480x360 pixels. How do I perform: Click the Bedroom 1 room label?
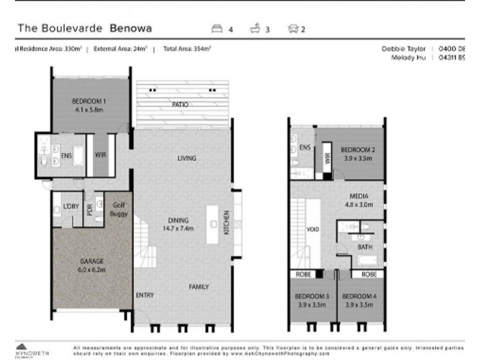tap(89, 106)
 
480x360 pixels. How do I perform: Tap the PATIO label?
tap(181, 104)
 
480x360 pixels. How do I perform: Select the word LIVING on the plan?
tap(187, 158)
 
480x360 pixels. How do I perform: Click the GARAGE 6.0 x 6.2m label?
tap(92, 266)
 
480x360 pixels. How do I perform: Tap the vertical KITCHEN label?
tap(227, 223)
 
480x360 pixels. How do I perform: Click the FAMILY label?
tap(199, 287)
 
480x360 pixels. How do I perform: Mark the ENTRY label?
tap(144, 295)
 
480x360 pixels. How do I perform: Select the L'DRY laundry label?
tap(71, 207)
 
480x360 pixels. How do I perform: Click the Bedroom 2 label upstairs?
tap(357, 154)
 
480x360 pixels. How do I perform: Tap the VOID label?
tap(312, 229)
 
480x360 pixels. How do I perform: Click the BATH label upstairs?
tap(364, 247)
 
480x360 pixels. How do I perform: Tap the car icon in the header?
tap(293, 28)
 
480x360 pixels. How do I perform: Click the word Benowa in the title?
tap(130, 28)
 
